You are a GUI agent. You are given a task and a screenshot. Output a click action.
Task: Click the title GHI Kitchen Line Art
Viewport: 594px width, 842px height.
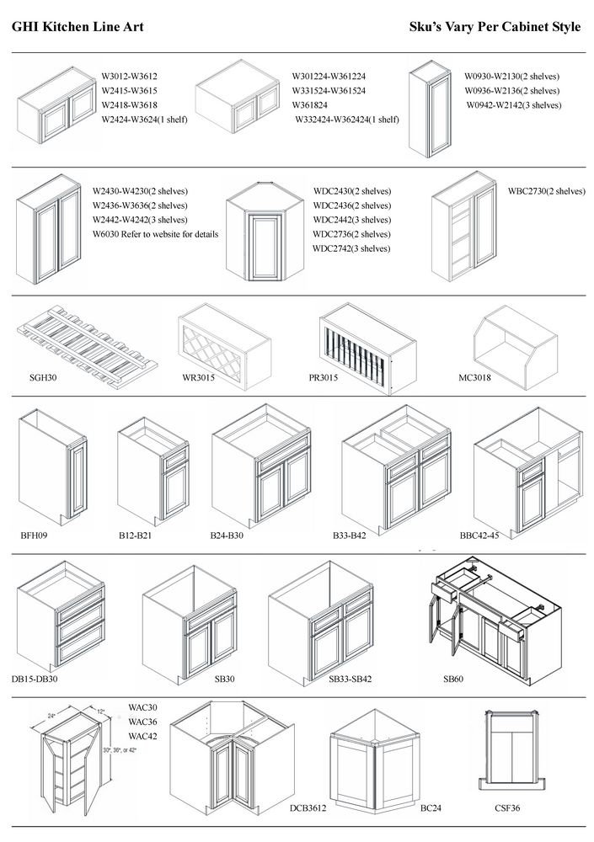(78, 27)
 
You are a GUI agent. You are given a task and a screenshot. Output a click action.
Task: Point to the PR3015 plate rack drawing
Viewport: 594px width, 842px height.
(367, 348)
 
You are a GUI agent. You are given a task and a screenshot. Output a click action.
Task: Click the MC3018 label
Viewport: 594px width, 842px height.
(474, 378)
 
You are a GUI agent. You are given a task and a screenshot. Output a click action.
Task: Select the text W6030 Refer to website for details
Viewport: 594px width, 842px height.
(155, 233)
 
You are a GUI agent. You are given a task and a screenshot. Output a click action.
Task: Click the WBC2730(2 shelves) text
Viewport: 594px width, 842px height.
(546, 191)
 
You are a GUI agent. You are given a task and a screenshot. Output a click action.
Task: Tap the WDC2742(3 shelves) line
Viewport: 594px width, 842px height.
(351, 248)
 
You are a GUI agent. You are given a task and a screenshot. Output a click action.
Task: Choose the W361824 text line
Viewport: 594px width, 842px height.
(316, 105)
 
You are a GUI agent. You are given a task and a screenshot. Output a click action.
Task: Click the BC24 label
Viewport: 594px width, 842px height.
(431, 808)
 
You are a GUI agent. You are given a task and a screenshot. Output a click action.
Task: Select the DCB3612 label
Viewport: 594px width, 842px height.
(308, 808)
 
